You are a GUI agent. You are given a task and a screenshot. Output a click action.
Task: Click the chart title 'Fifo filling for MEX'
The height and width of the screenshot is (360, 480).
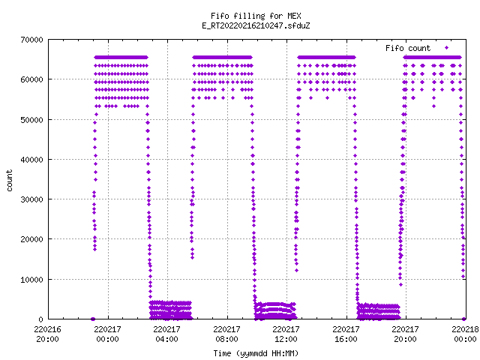tap(256, 16)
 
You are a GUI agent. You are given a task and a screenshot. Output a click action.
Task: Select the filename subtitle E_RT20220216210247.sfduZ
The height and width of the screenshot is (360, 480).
tap(256, 25)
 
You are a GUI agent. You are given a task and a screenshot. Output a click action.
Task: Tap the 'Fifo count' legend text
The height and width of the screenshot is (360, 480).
tap(408, 48)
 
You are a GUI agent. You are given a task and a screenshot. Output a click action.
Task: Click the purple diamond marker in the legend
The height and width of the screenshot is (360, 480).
tap(446, 48)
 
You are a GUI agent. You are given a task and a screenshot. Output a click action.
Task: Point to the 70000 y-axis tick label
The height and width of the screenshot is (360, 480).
tap(31, 40)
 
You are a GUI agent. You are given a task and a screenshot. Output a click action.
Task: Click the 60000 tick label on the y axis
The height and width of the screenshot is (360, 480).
tap(31, 79)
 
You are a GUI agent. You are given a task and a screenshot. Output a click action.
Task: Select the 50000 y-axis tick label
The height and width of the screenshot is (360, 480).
tap(31, 120)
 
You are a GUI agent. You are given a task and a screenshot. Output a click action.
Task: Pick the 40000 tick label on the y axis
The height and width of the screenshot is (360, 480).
tap(31, 160)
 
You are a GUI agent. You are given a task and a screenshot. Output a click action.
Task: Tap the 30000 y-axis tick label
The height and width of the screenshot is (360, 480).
tap(31, 199)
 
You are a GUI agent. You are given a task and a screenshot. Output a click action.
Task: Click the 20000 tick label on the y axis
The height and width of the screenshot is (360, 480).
tap(31, 239)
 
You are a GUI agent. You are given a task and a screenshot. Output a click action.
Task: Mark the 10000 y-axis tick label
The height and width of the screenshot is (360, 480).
tap(31, 280)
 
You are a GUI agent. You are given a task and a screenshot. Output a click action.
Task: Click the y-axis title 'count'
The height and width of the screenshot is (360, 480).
tap(10, 181)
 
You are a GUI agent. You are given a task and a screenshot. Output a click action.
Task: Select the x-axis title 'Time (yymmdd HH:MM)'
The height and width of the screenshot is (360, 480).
tap(256, 353)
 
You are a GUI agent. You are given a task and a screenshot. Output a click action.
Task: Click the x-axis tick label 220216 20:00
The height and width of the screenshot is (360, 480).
tap(47, 334)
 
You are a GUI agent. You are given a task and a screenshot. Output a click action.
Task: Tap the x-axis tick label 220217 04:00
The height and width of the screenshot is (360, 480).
tap(166, 334)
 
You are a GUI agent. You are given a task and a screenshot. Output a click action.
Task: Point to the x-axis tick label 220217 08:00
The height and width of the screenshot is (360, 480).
tap(226, 334)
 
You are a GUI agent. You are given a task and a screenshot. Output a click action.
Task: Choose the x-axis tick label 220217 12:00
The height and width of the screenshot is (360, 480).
tap(286, 334)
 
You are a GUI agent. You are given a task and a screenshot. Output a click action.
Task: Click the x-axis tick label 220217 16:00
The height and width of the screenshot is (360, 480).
tap(346, 334)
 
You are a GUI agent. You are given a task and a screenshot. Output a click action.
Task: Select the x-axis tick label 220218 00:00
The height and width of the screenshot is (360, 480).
tap(465, 334)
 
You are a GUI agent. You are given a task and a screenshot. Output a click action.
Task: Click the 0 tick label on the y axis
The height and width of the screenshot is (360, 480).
tap(41, 319)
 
